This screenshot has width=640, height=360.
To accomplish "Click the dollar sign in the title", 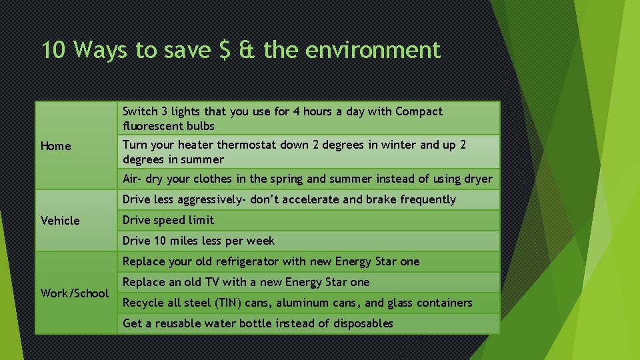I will pyautogui.click(x=225, y=51).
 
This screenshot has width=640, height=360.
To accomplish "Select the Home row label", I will pyautogui.click(x=55, y=146).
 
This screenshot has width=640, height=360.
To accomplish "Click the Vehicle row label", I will pyautogui.click(x=60, y=221).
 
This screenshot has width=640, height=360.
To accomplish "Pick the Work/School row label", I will pyautogui.click(x=75, y=293).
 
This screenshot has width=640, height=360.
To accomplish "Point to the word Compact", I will pyautogui.click(x=419, y=111).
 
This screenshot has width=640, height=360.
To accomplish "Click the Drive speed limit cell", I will pyautogui.click(x=169, y=220).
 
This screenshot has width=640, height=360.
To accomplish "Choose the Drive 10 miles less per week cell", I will pyautogui.click(x=199, y=241).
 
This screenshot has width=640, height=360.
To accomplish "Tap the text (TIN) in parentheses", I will pyautogui.click(x=227, y=303).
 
